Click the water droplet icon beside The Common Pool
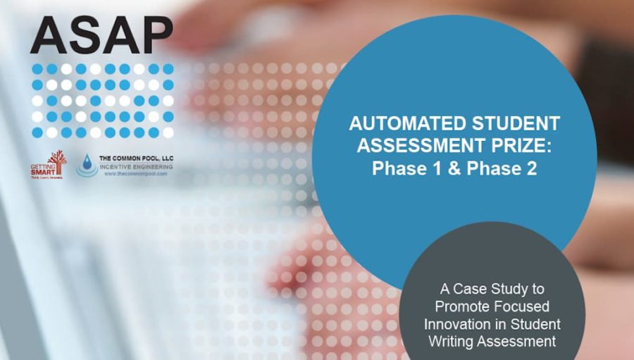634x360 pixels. tap(87, 165)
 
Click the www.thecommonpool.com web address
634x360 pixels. tap(135, 173)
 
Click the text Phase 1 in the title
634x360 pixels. tap(401, 169)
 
